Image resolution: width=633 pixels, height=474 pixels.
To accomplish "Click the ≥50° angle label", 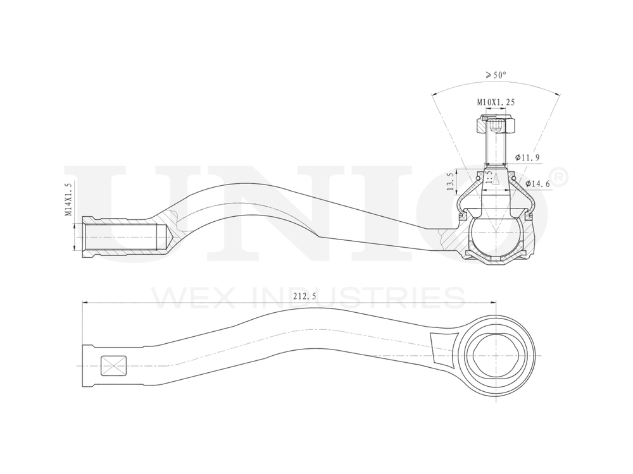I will point(496,75).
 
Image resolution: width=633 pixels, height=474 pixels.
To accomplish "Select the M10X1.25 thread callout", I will point(495,102).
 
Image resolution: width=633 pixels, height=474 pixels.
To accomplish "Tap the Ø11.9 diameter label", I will point(527,156).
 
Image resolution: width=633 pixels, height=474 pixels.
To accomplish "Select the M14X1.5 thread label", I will point(68,199).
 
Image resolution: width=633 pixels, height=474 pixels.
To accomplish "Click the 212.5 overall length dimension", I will point(305,295).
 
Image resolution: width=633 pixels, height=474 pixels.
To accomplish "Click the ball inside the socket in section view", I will point(496,234).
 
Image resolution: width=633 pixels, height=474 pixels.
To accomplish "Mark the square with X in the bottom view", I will point(114,366).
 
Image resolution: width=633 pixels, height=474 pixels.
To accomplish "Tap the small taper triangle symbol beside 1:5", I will point(498,179).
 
